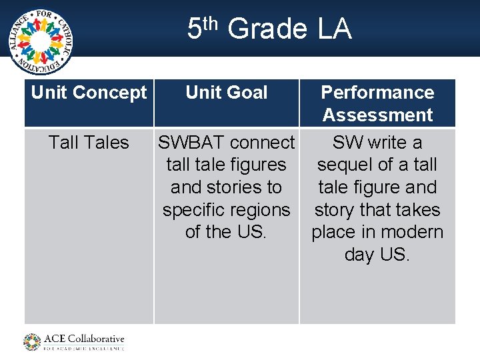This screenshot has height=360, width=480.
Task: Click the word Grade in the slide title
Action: tap(267, 30)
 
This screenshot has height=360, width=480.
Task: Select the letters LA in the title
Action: tap(335, 30)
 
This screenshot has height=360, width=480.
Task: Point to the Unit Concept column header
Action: tap(89, 93)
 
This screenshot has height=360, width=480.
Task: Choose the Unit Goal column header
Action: tap(226, 93)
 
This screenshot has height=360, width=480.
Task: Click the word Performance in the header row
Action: tap(377, 93)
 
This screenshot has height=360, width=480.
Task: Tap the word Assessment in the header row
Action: tap(377, 115)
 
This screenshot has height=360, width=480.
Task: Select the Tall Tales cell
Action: tap(89, 143)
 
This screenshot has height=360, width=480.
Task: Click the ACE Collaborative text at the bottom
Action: tap(84, 339)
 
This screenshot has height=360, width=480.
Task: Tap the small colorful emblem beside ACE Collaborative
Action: tap(32, 342)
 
